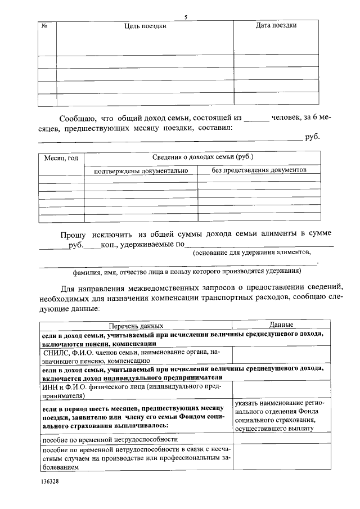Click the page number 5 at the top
pos(185,17)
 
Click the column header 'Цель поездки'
pos(145,26)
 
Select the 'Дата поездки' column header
pos(276,25)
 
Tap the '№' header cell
pos(44,26)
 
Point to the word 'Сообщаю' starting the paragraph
pos(78,119)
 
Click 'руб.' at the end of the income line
pos(312,137)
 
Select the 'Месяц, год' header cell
pos(61,159)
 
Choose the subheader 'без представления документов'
pos(259,170)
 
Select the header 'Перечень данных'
pos(136,326)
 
